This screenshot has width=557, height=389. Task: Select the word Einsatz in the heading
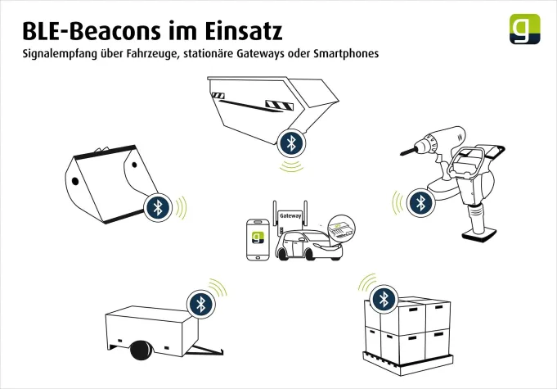[x=245, y=32]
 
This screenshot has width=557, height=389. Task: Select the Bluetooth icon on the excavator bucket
[x=158, y=206]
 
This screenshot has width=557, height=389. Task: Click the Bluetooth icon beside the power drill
[x=420, y=201]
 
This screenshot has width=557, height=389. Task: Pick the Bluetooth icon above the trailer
[x=201, y=303]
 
